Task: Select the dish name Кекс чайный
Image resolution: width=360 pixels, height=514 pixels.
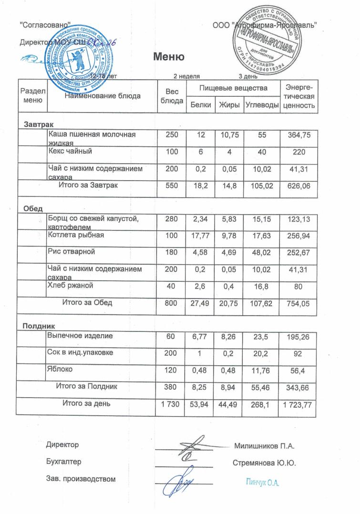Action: click(70, 151)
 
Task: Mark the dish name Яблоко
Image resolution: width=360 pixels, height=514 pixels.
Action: click(60, 369)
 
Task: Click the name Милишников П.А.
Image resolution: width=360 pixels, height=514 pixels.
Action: click(264, 446)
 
